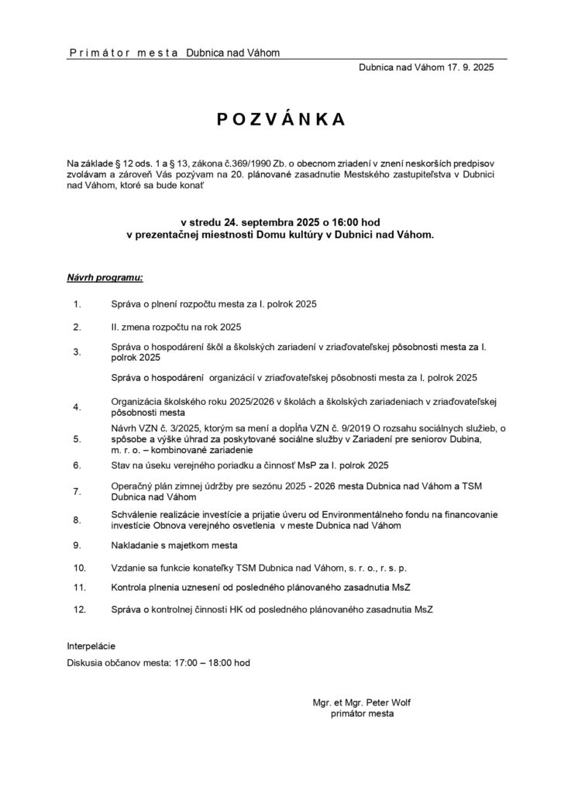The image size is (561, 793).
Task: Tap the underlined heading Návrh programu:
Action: click(105, 276)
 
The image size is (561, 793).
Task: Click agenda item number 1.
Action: click(77, 304)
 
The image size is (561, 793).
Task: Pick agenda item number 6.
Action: click(77, 465)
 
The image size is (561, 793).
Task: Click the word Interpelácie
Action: click(91, 644)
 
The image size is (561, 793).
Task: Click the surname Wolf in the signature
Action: click(400, 702)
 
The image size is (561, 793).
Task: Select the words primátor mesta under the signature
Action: click(362, 714)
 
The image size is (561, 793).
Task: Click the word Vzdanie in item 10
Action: click(129, 566)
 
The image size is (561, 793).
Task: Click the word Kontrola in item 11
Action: click(131, 588)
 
